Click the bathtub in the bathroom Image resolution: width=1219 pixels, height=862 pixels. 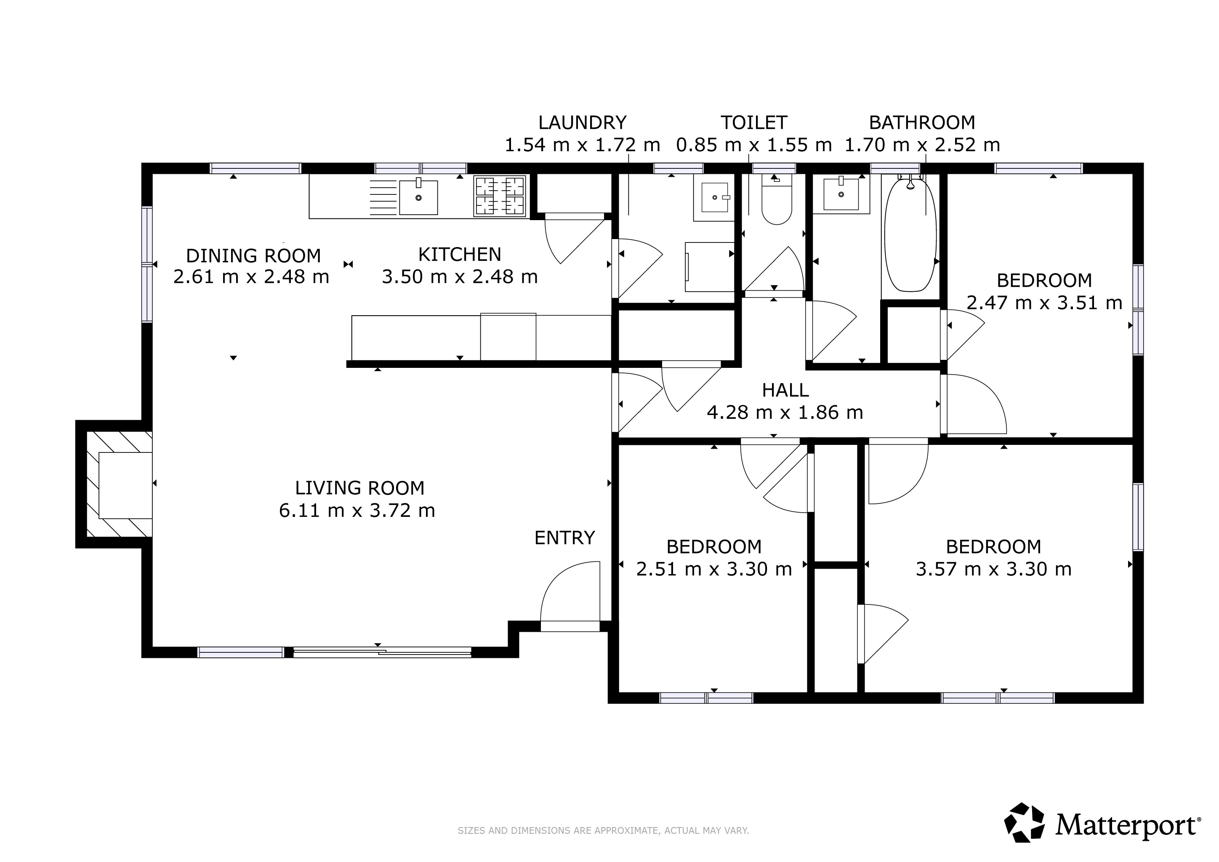point(910,234)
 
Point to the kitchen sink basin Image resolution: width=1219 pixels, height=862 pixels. point(418,197)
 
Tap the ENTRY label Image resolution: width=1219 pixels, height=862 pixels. point(564,538)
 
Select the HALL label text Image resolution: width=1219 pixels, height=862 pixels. point(785,391)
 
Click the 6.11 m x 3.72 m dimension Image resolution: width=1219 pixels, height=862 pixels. point(357,511)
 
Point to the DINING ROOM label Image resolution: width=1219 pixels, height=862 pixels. point(253,256)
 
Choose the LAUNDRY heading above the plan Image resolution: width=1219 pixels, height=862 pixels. point(583,122)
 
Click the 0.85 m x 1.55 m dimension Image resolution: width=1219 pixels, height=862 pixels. point(753,145)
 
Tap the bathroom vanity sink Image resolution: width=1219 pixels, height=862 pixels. point(841,194)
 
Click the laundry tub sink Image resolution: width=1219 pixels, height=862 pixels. point(715,197)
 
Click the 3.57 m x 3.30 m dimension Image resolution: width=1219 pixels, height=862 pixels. point(993,569)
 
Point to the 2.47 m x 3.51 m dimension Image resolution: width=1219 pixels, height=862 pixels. point(1044,303)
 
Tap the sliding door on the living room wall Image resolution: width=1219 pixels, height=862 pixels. point(382,652)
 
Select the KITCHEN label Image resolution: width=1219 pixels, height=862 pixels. point(460,255)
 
